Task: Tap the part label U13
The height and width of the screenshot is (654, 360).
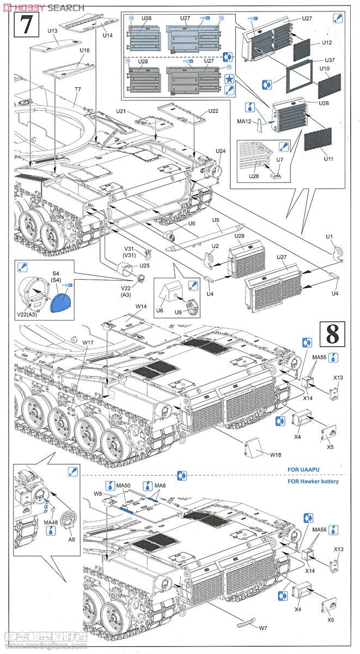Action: [52, 31]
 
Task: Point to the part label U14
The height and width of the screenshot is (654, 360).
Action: [107, 35]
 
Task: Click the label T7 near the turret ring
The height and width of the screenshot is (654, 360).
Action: [78, 89]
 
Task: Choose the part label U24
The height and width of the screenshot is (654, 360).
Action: [221, 151]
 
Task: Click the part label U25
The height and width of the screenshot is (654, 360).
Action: [144, 265]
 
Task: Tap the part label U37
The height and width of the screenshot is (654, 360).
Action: [330, 60]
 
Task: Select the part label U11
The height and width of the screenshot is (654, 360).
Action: [328, 159]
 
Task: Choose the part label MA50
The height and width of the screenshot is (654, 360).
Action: [124, 485]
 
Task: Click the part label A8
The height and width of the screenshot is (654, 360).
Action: [71, 539]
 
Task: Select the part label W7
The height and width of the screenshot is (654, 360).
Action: [263, 628]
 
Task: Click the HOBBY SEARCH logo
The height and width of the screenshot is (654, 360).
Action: [44, 7]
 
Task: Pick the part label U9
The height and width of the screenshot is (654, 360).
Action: [178, 314]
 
